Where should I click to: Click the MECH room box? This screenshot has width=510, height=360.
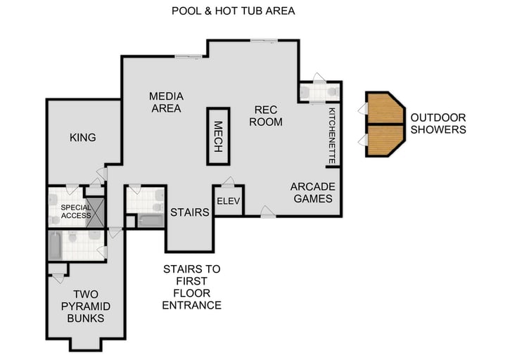[x=217, y=136]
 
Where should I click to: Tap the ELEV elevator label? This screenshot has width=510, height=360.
[x=228, y=200]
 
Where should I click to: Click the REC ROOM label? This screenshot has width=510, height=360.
[x=268, y=116]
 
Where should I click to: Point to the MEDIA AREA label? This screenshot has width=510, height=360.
[x=166, y=103]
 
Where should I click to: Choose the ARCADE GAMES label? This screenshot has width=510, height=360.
[x=313, y=193]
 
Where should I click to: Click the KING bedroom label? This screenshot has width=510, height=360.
[x=82, y=137]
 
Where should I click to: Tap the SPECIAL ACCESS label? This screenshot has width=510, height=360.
[x=75, y=211]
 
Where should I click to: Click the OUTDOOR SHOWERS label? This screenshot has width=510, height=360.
[x=438, y=124]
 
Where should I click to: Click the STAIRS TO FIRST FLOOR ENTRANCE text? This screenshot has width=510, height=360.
[x=191, y=287]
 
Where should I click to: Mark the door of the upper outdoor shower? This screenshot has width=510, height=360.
[x=362, y=109]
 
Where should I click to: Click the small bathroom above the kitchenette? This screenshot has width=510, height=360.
[x=320, y=92]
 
